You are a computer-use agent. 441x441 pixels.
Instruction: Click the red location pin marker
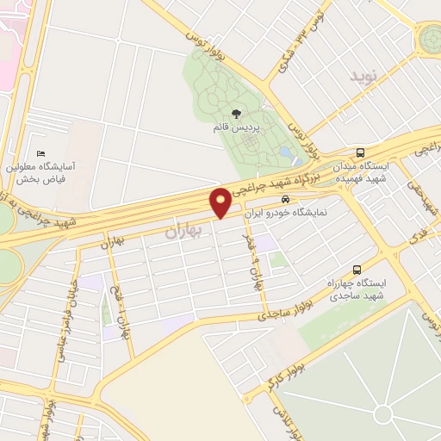[x=220, y=202]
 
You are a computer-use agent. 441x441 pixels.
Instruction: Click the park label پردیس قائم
[x=236, y=127]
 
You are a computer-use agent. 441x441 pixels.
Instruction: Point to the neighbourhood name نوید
[x=363, y=77]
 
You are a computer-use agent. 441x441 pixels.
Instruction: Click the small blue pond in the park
[x=285, y=152]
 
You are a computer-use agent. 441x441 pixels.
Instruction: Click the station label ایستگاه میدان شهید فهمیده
[x=387, y=171]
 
